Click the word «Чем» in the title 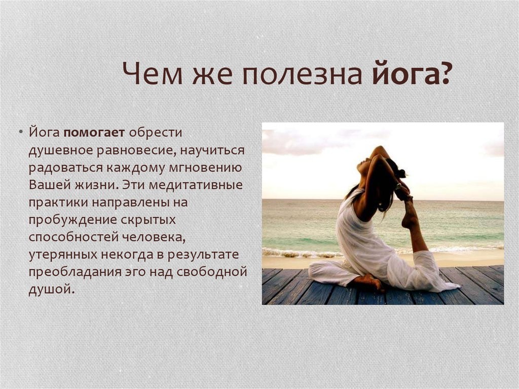pos(152,73)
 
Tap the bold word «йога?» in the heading pos(411,74)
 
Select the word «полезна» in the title pos(302,73)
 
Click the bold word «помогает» pos(94,133)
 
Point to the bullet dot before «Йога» pos(21,132)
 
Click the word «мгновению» pos(205,168)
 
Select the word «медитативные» pos(196,185)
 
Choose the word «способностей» pos(74,237)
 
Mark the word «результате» pos(203,255)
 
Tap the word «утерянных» pos(63,255)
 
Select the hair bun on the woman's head pos(401,173)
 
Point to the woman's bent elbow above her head pos(379,149)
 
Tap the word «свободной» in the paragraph pos(211,272)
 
